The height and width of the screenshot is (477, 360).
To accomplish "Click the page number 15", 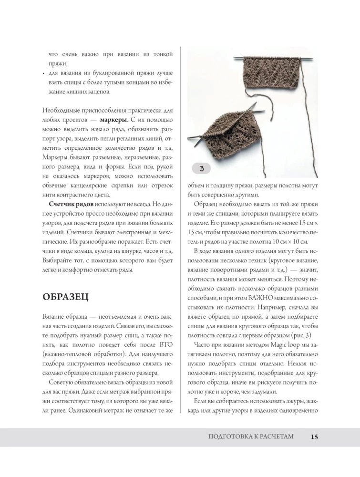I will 314,436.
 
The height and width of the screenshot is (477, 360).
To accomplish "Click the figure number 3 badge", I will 202,168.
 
